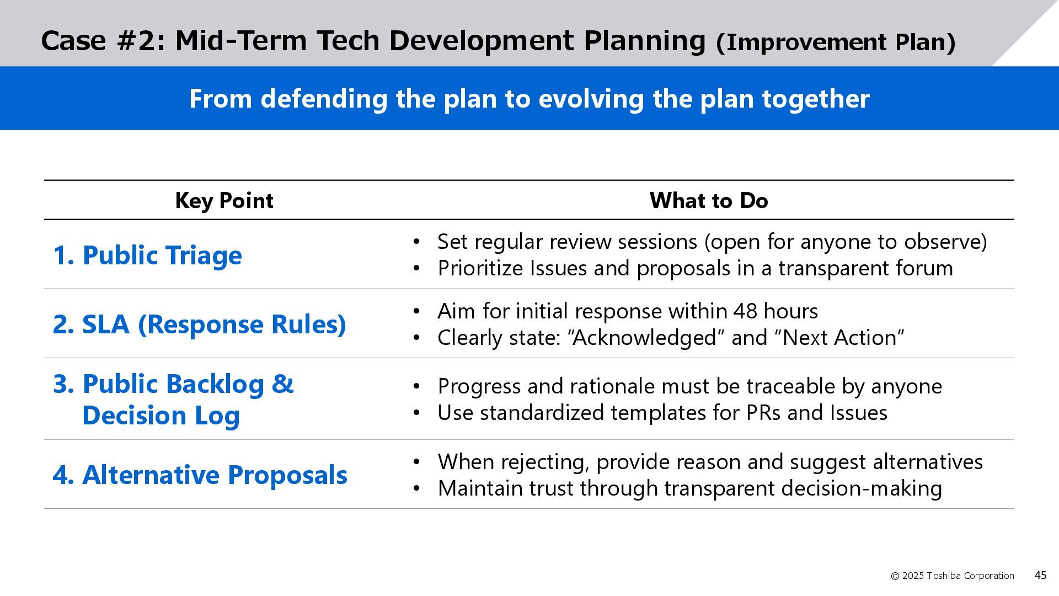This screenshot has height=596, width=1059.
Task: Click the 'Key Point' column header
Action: click(x=224, y=201)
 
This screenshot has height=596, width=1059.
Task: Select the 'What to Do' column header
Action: click(x=709, y=200)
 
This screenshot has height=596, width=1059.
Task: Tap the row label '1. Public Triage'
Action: click(x=147, y=256)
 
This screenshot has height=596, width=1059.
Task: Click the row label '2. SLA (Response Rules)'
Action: click(x=199, y=324)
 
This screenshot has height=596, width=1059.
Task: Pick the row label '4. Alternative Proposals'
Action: click(x=200, y=475)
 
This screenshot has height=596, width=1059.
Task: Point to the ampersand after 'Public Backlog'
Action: click(x=282, y=384)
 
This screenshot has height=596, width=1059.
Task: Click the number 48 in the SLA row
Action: click(x=746, y=312)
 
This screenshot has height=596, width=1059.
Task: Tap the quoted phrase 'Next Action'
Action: click(x=843, y=338)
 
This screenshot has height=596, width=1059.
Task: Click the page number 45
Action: click(x=1040, y=576)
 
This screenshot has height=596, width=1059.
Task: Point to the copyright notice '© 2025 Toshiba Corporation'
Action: click(x=953, y=576)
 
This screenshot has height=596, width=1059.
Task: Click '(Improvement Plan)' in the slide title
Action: click(x=836, y=42)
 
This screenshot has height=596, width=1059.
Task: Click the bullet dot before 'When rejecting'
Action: click(x=416, y=462)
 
